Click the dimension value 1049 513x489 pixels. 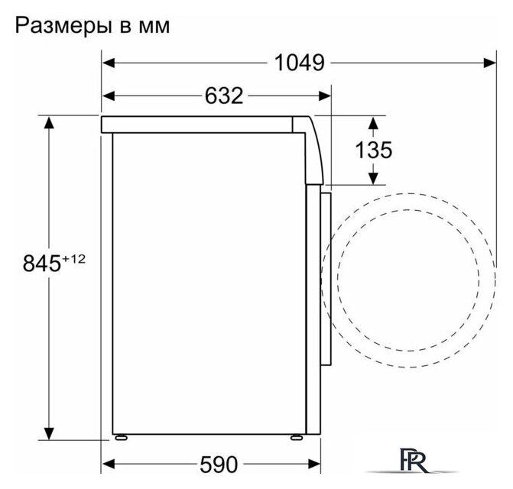coord(300,63)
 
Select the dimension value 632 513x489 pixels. coord(223,96)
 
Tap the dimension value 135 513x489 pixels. coord(373,150)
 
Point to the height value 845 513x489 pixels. coord(41,264)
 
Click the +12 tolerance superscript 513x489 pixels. coord(74,259)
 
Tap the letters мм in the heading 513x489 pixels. coord(152,27)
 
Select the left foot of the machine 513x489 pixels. coord(121,438)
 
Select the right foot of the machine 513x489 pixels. coord(296,438)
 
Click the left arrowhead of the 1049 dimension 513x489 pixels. coord(109,63)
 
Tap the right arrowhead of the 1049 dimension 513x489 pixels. coord(489,63)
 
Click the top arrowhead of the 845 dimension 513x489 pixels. coord(50,122)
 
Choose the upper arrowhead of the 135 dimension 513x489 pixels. coord(373,122)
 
